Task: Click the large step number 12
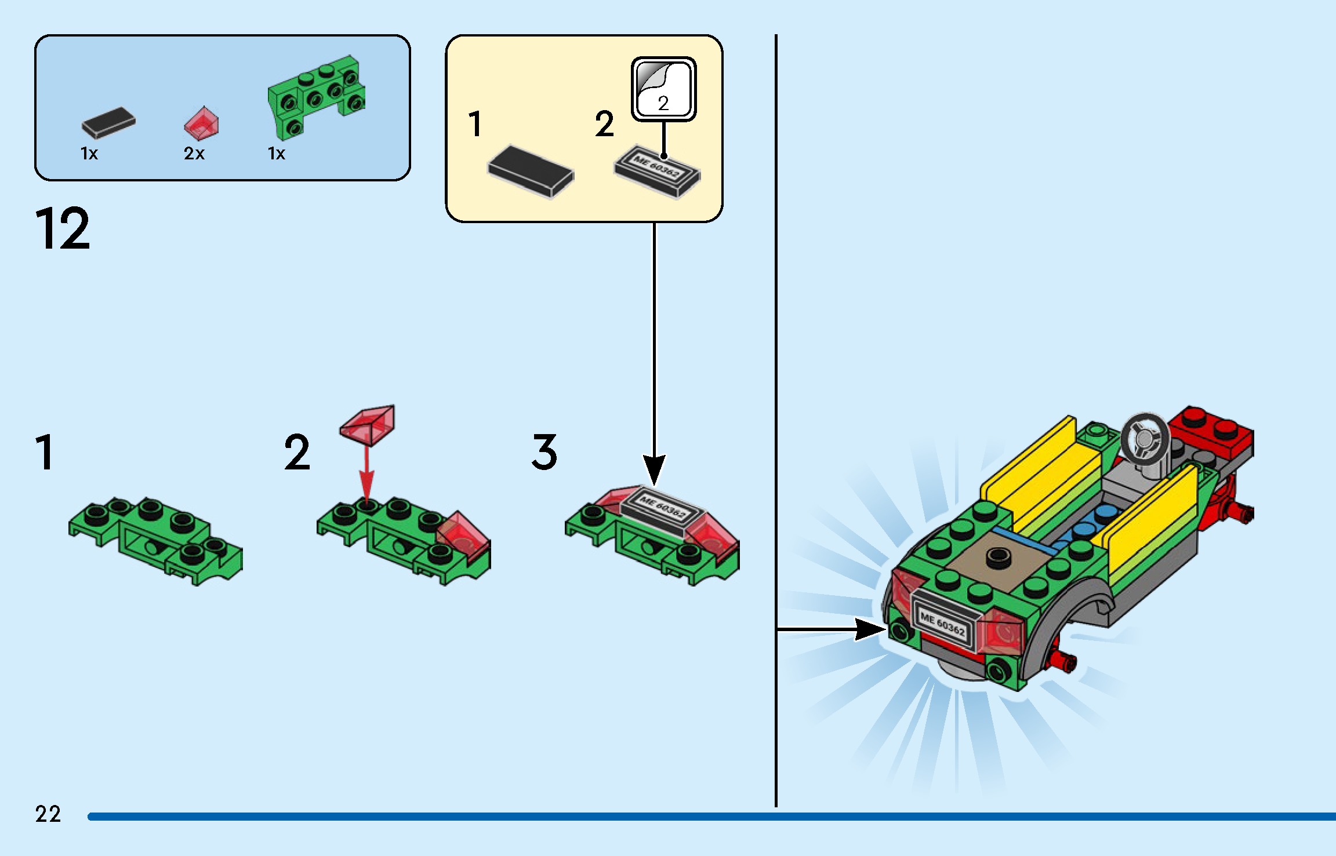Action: [63, 229]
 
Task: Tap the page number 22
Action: [48, 814]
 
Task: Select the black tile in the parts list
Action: [108, 123]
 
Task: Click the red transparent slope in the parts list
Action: [202, 123]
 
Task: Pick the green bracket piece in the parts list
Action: [316, 96]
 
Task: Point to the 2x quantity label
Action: [194, 154]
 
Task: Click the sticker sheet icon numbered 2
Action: [663, 89]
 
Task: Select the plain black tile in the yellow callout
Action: [531, 170]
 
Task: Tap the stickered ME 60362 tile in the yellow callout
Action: [658, 171]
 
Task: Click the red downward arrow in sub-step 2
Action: [366, 472]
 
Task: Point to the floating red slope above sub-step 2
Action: [368, 424]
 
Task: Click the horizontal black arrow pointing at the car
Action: [835, 628]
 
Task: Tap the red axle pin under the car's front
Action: [1062, 661]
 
